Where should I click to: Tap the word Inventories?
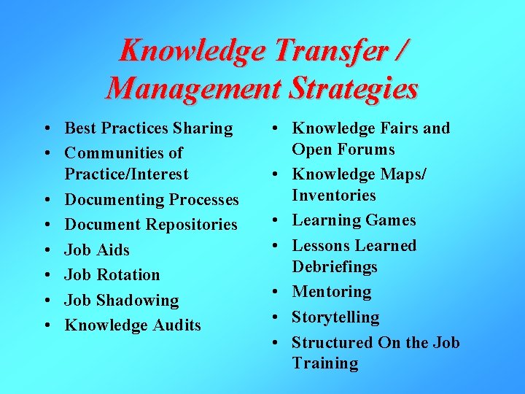click(334, 196)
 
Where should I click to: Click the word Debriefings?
click(335, 267)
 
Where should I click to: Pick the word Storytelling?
click(335, 317)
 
